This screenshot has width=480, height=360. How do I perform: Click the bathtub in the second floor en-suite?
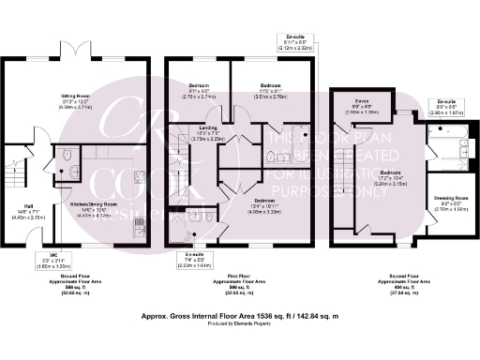click(x=442, y=146)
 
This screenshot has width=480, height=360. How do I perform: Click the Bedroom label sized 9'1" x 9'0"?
click(x=197, y=84)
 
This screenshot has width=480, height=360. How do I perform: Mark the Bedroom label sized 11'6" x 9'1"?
click(x=270, y=84)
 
